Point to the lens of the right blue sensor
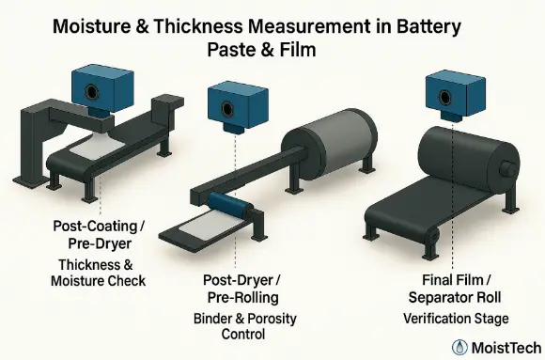coord(455,91)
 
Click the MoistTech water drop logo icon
coord(460,346)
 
